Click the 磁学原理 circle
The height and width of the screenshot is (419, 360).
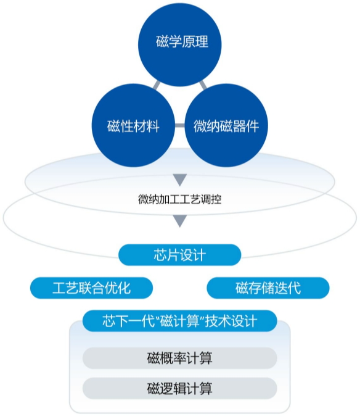tap(179, 44)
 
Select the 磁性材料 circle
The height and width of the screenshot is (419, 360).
tap(133, 125)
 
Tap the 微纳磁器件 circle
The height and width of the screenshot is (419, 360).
tap(226, 125)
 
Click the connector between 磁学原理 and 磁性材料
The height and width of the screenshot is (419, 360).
tap(157, 85)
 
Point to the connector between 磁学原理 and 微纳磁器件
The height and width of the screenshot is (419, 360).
tap(203, 85)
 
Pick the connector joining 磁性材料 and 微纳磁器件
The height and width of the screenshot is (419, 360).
tap(180, 125)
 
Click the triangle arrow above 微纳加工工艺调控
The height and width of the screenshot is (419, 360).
tap(180, 180)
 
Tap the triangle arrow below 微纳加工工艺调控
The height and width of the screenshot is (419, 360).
tap(180, 221)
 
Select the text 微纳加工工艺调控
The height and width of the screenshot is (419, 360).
tap(180, 199)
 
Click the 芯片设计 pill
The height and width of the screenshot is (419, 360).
tap(179, 255)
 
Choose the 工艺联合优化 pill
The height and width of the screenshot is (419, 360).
tap(91, 288)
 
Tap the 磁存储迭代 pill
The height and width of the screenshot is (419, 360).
tap(268, 288)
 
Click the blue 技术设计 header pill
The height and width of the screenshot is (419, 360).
tap(179, 321)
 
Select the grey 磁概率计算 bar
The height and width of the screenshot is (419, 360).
tap(179, 358)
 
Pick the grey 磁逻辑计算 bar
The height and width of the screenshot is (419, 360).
tap(179, 388)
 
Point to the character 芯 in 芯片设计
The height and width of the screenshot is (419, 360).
tap(160, 255)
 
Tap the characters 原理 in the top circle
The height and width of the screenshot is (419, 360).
tap(195, 42)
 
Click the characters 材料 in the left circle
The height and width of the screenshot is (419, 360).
tap(146, 126)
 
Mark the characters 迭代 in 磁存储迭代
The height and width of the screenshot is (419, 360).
tap(288, 288)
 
